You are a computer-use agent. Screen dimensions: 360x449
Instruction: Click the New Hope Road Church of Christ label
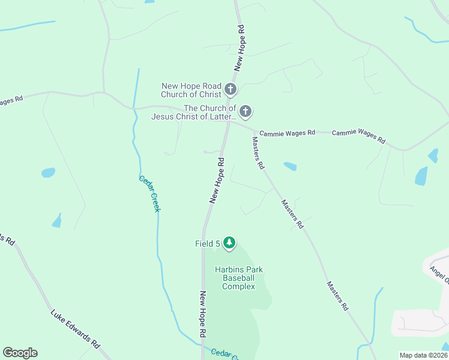pyautogui.click(x=191, y=91)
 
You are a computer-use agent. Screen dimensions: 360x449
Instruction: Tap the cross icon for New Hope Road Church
pyautogui.click(x=230, y=91)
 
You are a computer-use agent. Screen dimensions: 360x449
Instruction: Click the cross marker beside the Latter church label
pyautogui.click(x=245, y=112)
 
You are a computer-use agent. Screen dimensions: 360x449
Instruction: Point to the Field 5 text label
pyautogui.click(x=207, y=243)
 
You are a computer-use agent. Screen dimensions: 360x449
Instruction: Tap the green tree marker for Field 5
pyautogui.click(x=229, y=242)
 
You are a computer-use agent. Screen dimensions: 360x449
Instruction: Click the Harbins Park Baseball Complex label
pyautogui.click(x=238, y=278)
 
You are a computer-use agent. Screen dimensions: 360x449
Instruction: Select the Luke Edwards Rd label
pyautogui.click(x=75, y=329)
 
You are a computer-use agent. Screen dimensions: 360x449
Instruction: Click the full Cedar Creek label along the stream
pyautogui.click(x=149, y=193)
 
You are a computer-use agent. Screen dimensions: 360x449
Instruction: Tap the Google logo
pyautogui.click(x=20, y=353)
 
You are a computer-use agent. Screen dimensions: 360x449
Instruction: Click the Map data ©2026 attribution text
pyautogui.click(x=423, y=355)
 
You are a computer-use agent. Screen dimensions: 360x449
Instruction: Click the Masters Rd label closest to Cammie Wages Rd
pyautogui.click(x=258, y=153)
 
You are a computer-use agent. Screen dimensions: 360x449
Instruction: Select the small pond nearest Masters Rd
pyautogui.click(x=290, y=166)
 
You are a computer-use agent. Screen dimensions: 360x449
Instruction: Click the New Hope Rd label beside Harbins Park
pyautogui.click(x=203, y=313)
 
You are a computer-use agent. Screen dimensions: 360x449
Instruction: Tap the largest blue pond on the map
pyautogui.click(x=421, y=176)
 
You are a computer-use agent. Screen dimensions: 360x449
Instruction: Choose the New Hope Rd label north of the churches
pyautogui.click(x=240, y=48)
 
